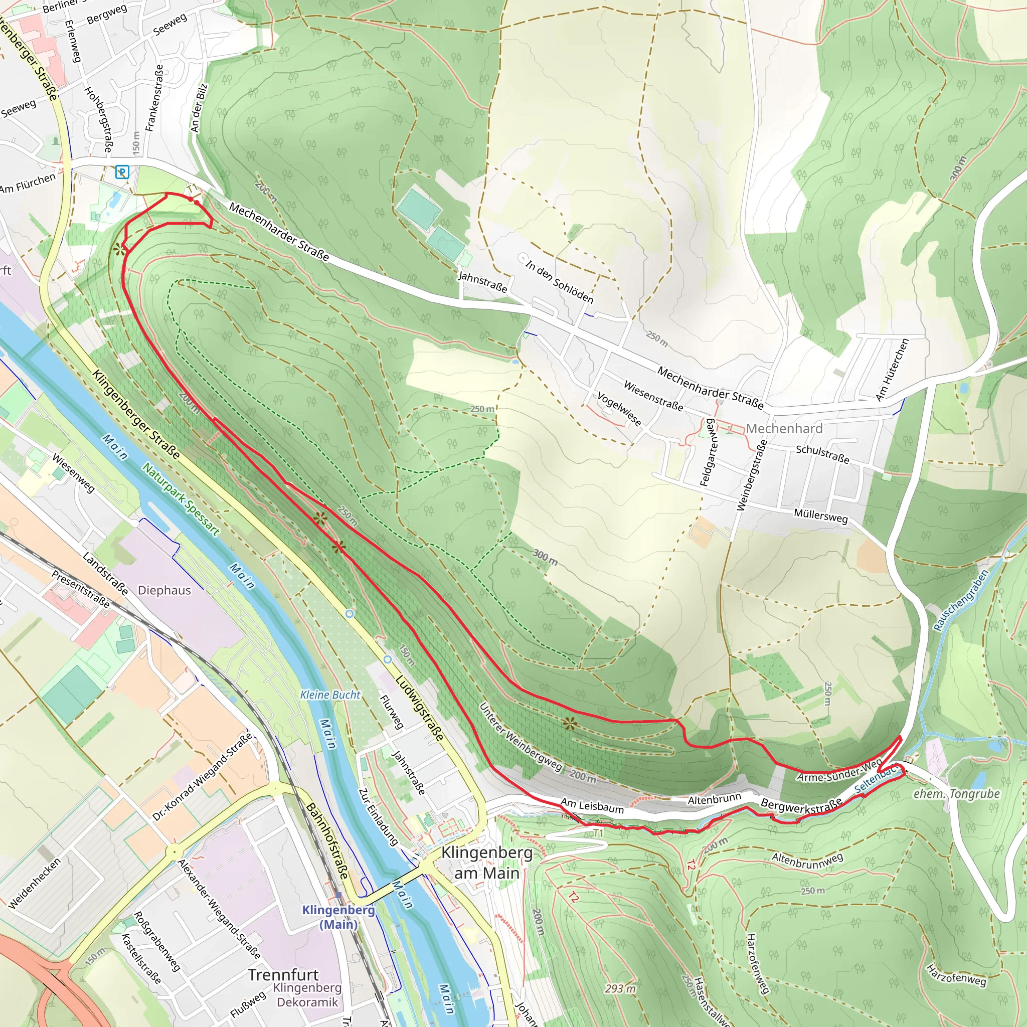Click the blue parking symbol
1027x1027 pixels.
tap(122, 172)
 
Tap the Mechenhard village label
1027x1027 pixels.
tap(784, 428)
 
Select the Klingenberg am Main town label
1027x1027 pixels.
tap(486, 862)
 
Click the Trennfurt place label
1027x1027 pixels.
tap(283, 975)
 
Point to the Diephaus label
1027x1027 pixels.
tap(164, 590)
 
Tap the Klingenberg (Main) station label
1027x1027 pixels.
tap(338, 917)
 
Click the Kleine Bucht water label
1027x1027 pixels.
tap(330, 695)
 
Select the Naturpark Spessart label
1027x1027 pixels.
tap(181, 499)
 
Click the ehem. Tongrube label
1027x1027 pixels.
tap(957, 794)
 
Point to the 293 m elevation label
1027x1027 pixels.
tap(620, 989)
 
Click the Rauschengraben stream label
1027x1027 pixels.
tap(961, 600)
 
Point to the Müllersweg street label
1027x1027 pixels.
tap(820, 516)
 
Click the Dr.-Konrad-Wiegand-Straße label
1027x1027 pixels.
tap(202, 777)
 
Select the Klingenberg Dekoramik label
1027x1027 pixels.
tap(307, 995)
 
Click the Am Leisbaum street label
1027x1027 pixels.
tap(592, 806)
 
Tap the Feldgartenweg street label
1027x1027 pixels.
tap(709, 452)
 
